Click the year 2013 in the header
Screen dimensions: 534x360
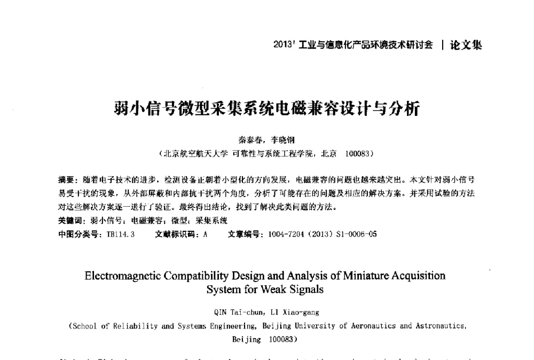282,45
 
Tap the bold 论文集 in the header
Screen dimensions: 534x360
466,45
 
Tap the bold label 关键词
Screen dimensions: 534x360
70,220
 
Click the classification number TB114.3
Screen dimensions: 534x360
121,233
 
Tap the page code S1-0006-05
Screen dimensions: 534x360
356,233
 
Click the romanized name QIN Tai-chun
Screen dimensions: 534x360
235,312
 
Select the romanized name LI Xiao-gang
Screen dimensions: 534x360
295,312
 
